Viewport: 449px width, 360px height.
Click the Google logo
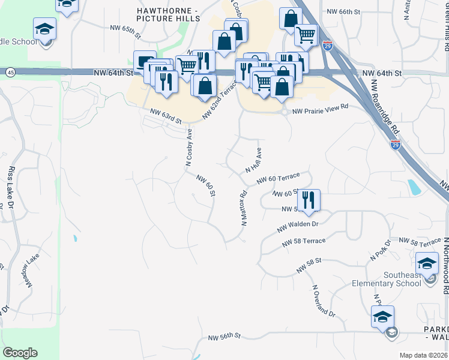[20, 353]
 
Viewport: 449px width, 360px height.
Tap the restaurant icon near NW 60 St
[309, 200]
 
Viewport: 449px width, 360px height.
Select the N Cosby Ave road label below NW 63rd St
[188, 148]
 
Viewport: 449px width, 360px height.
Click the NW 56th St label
[224, 338]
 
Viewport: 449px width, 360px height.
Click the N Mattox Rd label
[244, 208]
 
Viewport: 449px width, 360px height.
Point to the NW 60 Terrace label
[277, 179]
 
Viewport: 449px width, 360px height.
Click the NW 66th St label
[343, 11]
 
